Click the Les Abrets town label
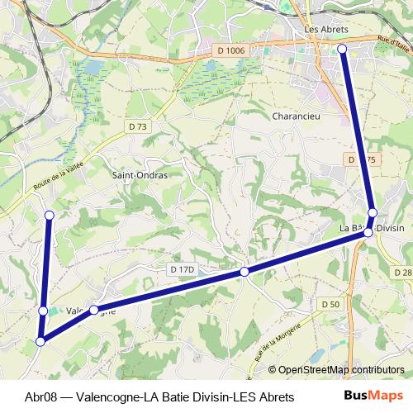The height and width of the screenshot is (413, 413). click(326, 29)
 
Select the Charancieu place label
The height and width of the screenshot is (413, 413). click(296, 116)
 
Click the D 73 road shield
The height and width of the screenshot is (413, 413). click(138, 126)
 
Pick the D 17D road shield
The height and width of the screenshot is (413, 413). click(181, 269)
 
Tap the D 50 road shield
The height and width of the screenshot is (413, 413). click(330, 304)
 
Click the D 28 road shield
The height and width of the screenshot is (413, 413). click(402, 272)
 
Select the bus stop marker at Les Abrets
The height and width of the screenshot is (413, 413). click(343, 50)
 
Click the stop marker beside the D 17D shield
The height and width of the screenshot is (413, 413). click(244, 272)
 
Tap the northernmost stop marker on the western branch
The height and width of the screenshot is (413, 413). click(49, 216)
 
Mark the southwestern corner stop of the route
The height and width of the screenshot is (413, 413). click(40, 340)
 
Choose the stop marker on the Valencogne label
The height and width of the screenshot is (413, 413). click(94, 310)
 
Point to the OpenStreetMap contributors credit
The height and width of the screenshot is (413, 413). click(340, 370)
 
